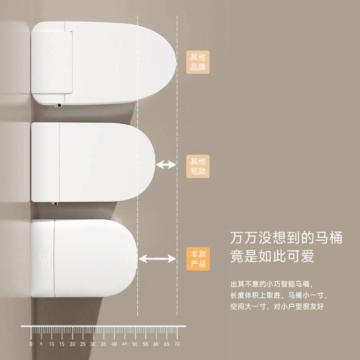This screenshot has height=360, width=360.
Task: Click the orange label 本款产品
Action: point(198,259)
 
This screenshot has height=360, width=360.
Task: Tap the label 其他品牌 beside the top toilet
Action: point(198,63)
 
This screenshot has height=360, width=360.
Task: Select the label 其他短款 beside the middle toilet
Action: point(198,166)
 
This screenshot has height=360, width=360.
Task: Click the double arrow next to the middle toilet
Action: point(166,165)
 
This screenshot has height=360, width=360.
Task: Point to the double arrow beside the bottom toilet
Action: point(157,258)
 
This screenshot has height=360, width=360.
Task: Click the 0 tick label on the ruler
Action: point(31,344)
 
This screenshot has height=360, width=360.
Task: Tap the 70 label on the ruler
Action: point(177,344)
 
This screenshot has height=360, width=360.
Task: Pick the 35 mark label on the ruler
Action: point(103,344)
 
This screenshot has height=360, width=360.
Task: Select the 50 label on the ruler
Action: point(135,344)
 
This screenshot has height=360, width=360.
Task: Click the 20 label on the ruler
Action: point(72,344)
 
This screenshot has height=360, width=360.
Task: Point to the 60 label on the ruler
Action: point(156,344)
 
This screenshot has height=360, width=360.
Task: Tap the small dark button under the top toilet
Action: point(57,105)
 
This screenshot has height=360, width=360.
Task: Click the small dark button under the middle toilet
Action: point(55,204)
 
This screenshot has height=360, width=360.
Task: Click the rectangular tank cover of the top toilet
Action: point(52,61)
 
